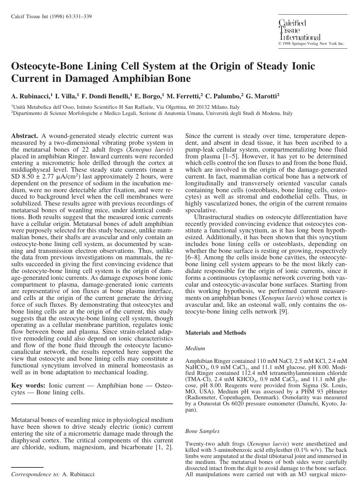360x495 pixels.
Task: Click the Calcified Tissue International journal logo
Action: coord(299,30)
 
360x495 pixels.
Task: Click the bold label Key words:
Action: coord(28,386)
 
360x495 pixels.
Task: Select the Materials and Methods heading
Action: coord(216,333)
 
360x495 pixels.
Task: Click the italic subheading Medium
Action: coord(195,348)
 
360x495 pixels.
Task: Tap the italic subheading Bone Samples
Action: coord(202,431)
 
